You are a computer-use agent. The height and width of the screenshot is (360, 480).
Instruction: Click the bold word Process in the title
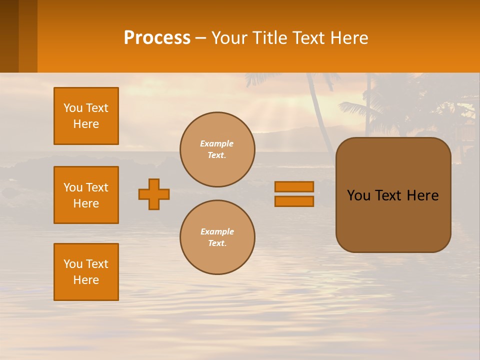point(157,38)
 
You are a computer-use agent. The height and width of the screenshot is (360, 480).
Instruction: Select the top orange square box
point(86,116)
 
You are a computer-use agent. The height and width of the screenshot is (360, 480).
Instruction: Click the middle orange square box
point(86,195)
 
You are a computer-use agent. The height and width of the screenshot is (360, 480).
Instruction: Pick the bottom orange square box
point(86,272)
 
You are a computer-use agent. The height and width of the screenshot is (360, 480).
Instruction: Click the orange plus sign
point(154,194)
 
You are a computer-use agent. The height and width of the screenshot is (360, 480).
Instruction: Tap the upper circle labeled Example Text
point(217,149)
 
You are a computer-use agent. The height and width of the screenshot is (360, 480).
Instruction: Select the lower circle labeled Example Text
point(217,237)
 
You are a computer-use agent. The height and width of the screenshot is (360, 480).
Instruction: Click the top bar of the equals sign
point(294,186)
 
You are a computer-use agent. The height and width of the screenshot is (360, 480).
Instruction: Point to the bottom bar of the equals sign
point(294,201)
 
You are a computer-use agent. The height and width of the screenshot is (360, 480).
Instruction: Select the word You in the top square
point(73,108)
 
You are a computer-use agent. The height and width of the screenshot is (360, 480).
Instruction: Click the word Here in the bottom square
point(86,280)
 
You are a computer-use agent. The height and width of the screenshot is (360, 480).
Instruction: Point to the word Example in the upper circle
point(217,143)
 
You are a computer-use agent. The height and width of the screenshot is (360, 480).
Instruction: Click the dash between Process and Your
point(200,38)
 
